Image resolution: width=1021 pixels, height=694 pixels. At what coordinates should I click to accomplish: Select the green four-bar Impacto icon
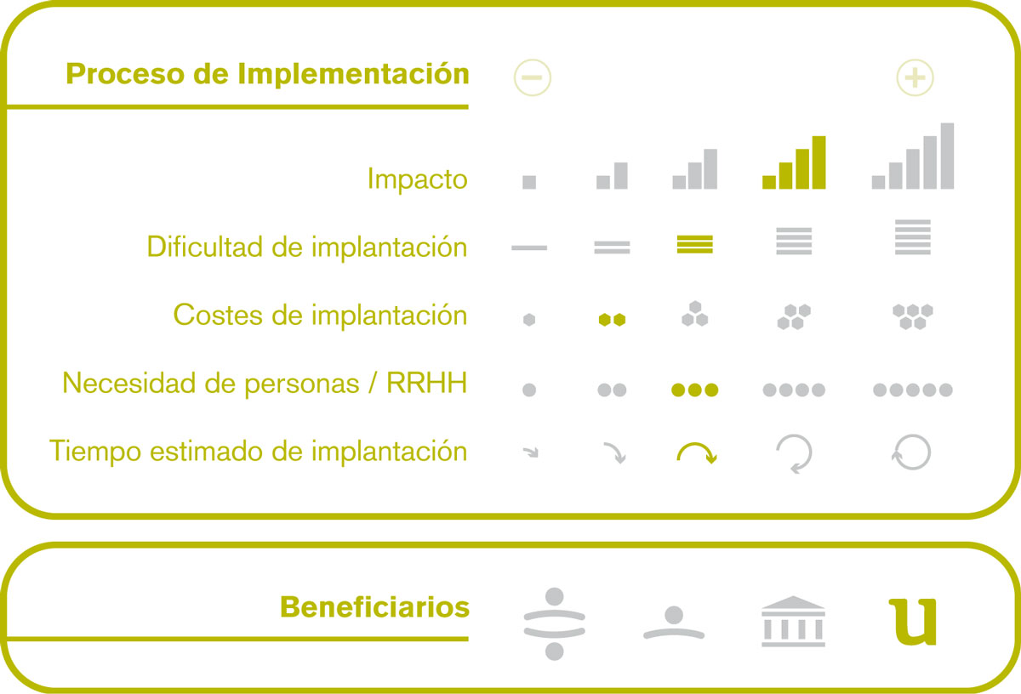(794, 162)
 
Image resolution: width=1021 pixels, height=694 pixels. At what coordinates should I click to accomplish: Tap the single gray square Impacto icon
(529, 182)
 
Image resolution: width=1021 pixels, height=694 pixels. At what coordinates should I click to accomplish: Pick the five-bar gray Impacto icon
(912, 156)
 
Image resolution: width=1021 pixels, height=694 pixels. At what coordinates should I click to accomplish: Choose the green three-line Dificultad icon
(694, 244)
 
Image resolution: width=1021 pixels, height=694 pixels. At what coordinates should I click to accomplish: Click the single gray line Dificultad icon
(529, 247)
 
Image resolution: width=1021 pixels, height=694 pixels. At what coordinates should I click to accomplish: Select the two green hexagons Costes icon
(612, 320)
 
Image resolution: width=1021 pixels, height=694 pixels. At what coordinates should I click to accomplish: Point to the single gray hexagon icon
(529, 320)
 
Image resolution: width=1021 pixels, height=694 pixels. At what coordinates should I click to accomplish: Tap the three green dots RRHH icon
(694, 390)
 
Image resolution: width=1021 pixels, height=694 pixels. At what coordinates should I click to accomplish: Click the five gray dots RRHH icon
(912, 390)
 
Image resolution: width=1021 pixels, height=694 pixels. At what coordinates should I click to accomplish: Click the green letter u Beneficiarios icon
(912, 622)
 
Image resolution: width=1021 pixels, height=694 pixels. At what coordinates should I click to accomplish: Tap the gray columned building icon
(793, 622)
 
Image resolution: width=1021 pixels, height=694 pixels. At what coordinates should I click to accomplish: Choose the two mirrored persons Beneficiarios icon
(554, 623)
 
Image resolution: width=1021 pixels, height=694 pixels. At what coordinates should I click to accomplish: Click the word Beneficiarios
(374, 607)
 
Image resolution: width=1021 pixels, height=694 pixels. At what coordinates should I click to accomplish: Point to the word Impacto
(418, 179)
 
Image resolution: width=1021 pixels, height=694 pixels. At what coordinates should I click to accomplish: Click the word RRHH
(427, 383)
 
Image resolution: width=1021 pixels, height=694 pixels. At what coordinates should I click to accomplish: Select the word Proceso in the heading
(124, 74)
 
